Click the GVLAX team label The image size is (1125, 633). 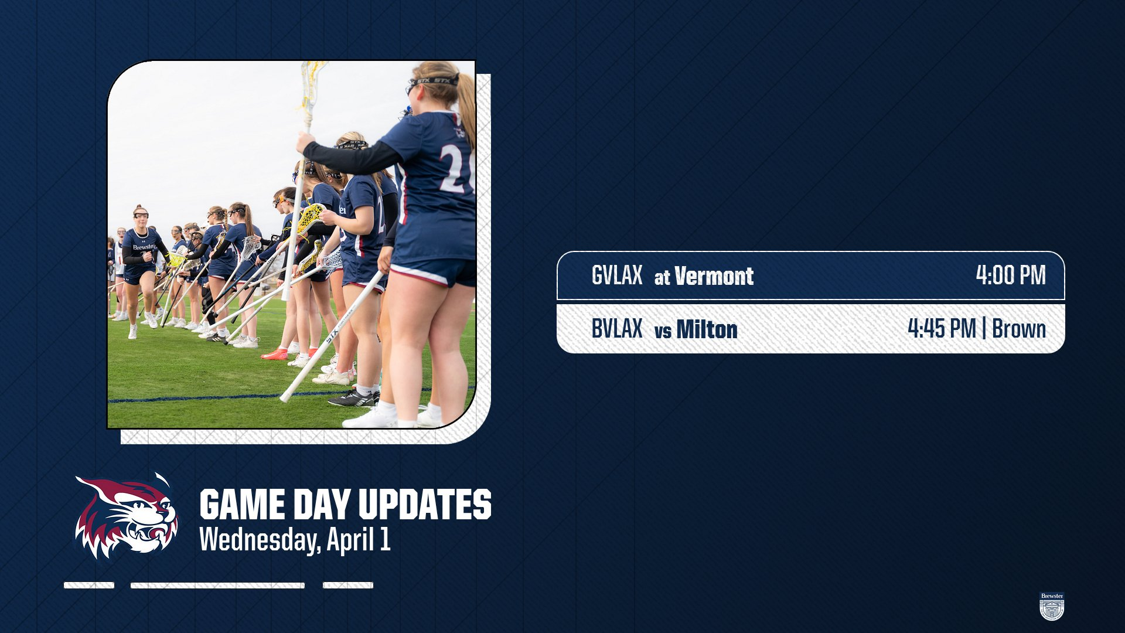(x=616, y=275)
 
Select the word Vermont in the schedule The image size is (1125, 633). (x=714, y=276)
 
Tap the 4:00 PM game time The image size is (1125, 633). (x=1011, y=275)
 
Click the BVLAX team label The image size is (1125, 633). (x=616, y=328)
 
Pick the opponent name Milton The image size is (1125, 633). (x=707, y=329)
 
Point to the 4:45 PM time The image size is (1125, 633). (x=942, y=328)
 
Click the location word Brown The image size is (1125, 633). (x=1019, y=329)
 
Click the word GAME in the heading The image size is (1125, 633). (x=243, y=505)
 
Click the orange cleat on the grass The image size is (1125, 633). (x=275, y=354)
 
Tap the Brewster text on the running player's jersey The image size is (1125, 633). (x=144, y=247)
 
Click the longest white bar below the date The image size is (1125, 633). (x=217, y=585)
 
